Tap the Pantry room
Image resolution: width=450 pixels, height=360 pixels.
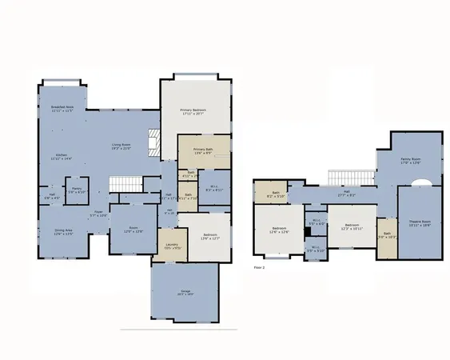[77, 191]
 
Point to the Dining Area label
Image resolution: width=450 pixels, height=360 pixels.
[65, 233]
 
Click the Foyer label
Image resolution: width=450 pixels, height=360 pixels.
[99, 214]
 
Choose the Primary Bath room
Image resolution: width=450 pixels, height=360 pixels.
[203, 150]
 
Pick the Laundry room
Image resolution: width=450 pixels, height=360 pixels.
[171, 246]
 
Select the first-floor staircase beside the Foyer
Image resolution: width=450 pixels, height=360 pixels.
[125, 185]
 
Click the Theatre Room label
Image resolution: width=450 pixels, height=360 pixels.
[420, 223]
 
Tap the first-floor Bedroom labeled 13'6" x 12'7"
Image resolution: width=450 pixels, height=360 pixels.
[203, 235]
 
